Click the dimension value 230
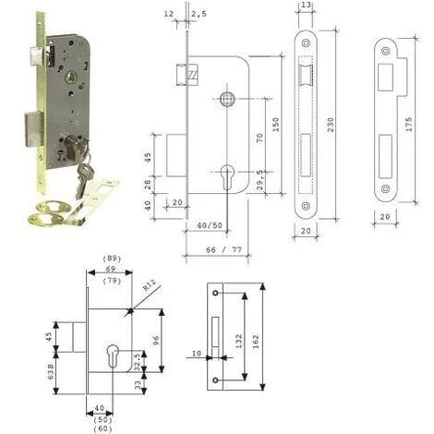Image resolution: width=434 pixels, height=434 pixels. tap(331, 125)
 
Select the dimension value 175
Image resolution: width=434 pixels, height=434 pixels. tap(408, 125)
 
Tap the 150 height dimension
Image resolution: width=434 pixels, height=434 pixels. tap(276, 125)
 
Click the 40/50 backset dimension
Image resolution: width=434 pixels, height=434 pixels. tap(210, 225)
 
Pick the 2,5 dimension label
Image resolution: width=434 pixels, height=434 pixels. tap(199, 14)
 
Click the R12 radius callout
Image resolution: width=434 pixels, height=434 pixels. tap(150, 284)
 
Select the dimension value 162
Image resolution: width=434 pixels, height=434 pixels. tap(256, 342)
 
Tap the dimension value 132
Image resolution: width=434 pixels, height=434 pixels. tap(238, 342)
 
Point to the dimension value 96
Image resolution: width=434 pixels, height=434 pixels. tap(156, 340)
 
